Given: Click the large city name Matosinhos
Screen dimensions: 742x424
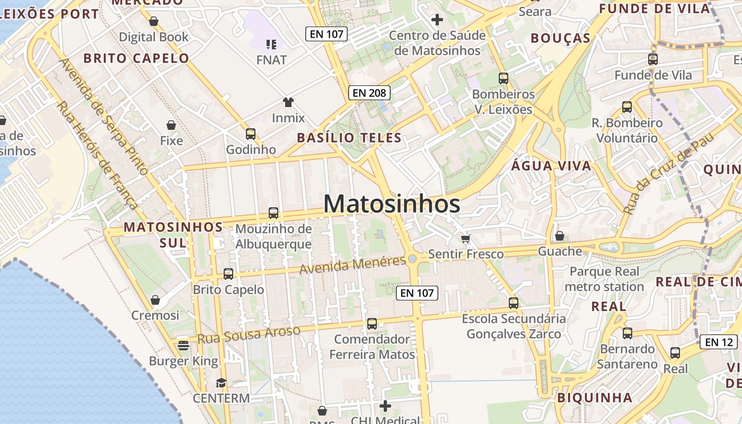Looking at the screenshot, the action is (x=392, y=204).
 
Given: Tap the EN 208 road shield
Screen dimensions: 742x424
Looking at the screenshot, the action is (x=369, y=93).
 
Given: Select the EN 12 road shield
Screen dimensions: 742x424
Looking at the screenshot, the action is (x=719, y=342).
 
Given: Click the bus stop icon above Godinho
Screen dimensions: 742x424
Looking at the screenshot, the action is (x=251, y=134).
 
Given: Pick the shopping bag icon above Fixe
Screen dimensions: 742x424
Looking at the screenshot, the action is (x=171, y=125).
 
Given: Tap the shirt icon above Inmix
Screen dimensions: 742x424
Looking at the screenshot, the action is (x=288, y=102).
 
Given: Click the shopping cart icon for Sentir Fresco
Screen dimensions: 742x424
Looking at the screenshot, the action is (x=465, y=238).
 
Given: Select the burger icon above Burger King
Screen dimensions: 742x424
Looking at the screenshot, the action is (x=183, y=346).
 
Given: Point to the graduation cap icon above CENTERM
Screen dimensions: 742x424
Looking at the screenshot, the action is (x=221, y=383).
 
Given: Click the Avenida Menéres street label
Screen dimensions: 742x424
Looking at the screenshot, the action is (x=352, y=264).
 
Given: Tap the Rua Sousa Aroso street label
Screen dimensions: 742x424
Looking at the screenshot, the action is (x=249, y=334).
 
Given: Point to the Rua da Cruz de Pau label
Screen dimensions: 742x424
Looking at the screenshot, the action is (x=669, y=173).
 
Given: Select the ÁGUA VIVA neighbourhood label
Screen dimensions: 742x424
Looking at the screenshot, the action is (x=551, y=166).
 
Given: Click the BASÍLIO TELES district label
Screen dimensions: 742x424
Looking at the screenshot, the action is (x=349, y=138).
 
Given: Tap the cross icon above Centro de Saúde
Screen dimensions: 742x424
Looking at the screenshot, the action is (x=437, y=20).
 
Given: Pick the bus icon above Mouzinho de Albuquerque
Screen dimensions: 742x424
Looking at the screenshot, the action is (x=273, y=213).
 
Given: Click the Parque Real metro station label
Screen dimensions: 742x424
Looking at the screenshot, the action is (x=604, y=279).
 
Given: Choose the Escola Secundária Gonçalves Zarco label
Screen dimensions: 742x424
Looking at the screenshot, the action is (x=514, y=326).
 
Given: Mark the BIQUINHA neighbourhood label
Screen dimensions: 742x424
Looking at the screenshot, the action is (x=595, y=397).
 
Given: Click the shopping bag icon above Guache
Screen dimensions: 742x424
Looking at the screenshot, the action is (x=560, y=236).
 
